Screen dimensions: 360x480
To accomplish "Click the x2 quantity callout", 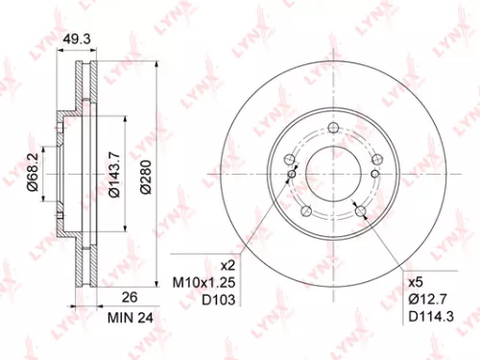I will (x=228, y=264).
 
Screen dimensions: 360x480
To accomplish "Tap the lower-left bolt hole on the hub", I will (x=304, y=212).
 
